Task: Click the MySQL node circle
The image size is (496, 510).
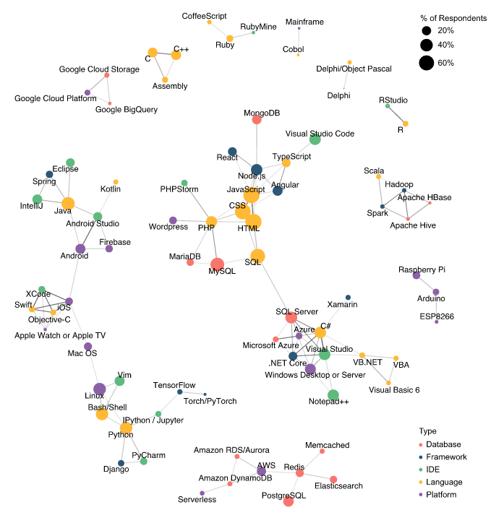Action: click(x=218, y=264)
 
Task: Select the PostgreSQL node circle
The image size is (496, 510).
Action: click(x=288, y=501)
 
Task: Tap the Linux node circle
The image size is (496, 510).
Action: click(x=100, y=390)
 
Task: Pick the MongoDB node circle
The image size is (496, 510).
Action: click(x=257, y=120)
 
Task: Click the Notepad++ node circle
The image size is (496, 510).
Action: click(x=333, y=395)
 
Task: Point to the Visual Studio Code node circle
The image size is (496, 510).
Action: click(x=315, y=139)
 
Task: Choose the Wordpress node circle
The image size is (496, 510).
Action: click(x=173, y=220)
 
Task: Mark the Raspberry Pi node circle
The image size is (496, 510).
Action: click(x=416, y=275)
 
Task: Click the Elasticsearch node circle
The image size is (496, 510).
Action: click(x=333, y=479)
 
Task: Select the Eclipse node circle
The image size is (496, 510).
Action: click(x=71, y=163)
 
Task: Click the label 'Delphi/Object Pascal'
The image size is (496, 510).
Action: click(x=354, y=69)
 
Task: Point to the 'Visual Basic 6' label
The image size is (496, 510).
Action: click(x=394, y=390)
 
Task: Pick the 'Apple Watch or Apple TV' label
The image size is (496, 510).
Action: click(x=60, y=335)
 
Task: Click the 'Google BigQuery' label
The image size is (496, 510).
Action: click(x=127, y=110)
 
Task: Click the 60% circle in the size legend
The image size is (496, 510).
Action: click(x=427, y=63)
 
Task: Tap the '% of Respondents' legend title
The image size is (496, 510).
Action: click(x=453, y=17)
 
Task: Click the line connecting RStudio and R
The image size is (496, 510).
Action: click(x=396, y=115)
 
